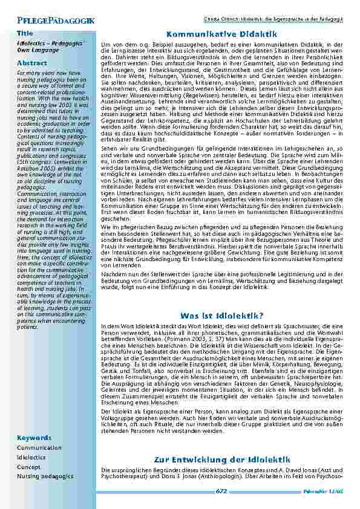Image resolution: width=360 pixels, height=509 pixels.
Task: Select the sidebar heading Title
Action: (25, 33)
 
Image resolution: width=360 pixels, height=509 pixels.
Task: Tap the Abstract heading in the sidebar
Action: (28, 63)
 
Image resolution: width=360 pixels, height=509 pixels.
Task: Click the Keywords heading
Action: (33, 436)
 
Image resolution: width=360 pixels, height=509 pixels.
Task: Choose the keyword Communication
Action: (39, 448)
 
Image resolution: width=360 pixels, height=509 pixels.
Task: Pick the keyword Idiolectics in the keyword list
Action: (31, 458)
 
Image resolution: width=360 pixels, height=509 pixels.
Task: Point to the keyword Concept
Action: (28, 467)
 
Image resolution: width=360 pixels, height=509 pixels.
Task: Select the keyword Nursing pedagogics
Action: (45, 476)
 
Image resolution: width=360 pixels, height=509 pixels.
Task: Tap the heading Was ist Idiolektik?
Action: (221, 316)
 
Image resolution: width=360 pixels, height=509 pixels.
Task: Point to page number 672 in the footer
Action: (221, 491)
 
